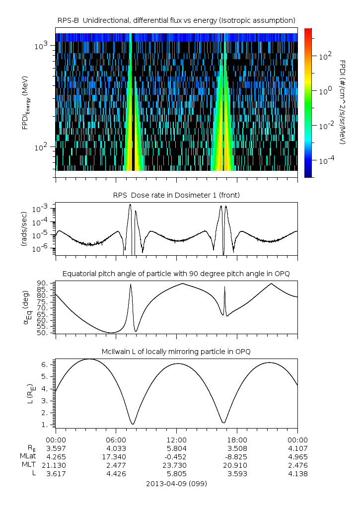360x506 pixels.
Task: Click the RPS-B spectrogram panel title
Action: click(177, 20)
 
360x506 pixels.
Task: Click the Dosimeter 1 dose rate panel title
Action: click(177, 195)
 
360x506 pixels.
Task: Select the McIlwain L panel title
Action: click(177, 352)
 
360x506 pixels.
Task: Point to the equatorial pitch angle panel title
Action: click(177, 274)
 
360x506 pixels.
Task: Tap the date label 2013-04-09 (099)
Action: click(177, 483)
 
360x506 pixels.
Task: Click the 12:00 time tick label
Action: click(177, 440)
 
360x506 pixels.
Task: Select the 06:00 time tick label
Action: click(116, 440)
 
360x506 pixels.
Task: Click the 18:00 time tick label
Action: click(237, 440)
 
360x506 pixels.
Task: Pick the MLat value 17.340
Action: click(116, 457)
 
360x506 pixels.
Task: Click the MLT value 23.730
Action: click(177, 465)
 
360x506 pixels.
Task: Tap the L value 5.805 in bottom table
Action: click(177, 474)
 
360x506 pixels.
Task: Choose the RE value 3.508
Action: click(237, 448)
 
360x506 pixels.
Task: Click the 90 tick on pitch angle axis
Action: click(44, 284)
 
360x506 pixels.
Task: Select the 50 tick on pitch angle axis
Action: click(44, 333)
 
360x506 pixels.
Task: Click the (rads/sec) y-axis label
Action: click(23, 229)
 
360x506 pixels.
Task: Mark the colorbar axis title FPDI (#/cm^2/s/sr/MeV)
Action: click(342, 102)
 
